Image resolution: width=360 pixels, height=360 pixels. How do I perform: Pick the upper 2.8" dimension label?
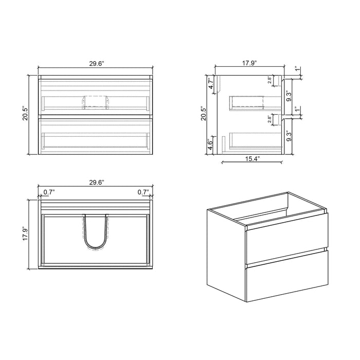coord(270,80)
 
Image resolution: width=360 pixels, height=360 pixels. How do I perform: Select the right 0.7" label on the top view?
coord(143,192)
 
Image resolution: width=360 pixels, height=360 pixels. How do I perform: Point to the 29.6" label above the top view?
coord(96,182)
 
